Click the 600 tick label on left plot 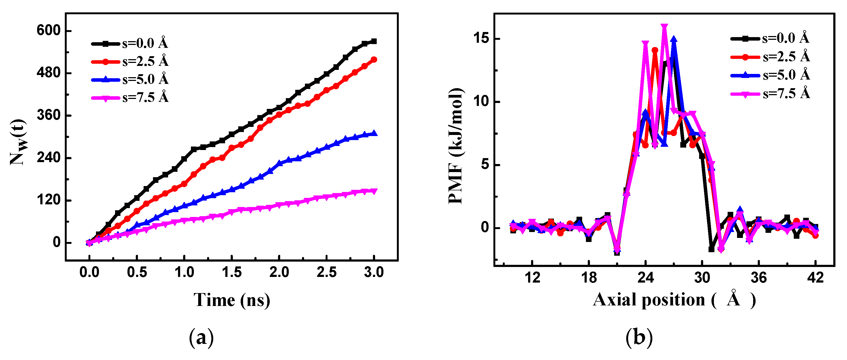pyautogui.click(x=49, y=30)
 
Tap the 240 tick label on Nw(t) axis pyautogui.click(x=49, y=158)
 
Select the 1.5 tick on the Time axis pyautogui.click(x=232, y=273)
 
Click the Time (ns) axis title pyautogui.click(x=232, y=300)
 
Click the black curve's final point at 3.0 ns pyautogui.click(x=374, y=41)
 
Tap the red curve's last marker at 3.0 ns pyautogui.click(x=374, y=59)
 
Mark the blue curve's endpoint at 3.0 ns pyautogui.click(x=374, y=133)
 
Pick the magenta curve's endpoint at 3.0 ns pyautogui.click(x=374, y=191)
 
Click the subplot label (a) pyautogui.click(x=201, y=337)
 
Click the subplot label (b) pyautogui.click(x=639, y=337)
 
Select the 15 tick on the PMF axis pyautogui.click(x=482, y=38)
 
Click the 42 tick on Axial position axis pyautogui.click(x=816, y=278)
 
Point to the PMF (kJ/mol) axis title pyautogui.click(x=456, y=146)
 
